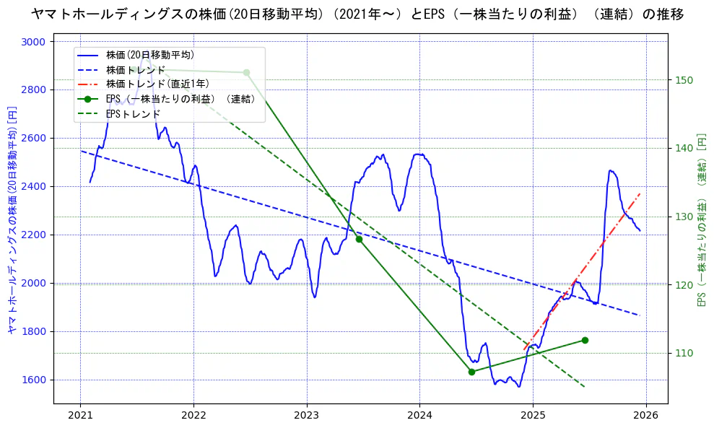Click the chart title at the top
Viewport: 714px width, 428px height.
click(357, 14)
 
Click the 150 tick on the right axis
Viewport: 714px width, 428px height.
click(684, 80)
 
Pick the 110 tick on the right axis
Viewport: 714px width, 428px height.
click(684, 353)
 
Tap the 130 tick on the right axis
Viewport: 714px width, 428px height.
click(684, 217)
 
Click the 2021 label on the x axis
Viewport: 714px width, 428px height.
click(80, 416)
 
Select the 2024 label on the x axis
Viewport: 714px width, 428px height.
click(419, 416)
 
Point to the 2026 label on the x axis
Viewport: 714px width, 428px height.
click(646, 416)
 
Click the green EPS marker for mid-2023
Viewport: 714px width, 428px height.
click(359, 239)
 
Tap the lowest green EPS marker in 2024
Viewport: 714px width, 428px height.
click(471, 372)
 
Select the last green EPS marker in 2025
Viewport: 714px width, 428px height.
click(585, 340)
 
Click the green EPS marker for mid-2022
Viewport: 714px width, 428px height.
click(246, 72)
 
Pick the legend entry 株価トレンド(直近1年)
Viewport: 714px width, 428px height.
click(154, 84)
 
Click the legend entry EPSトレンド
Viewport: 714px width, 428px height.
click(133, 114)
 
